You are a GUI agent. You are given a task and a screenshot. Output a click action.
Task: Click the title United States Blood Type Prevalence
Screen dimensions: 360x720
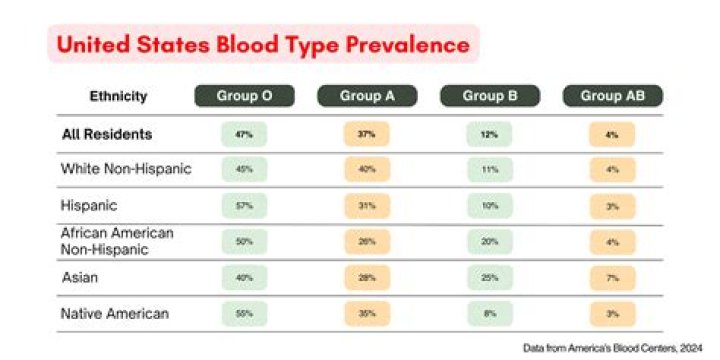pyautogui.click(x=262, y=45)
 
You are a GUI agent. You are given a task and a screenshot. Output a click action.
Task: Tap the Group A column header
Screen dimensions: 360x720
pyautogui.click(x=367, y=96)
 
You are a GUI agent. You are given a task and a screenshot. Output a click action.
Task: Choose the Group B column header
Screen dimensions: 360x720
pyautogui.click(x=490, y=96)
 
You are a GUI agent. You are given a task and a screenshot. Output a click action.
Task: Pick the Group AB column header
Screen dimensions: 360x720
pyautogui.click(x=613, y=96)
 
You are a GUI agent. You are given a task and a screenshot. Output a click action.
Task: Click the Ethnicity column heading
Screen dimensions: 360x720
pyautogui.click(x=118, y=97)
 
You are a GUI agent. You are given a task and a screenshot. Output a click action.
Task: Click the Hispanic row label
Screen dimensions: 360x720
pyautogui.click(x=90, y=205)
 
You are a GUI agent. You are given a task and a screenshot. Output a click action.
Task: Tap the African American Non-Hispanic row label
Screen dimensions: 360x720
pyautogui.click(x=118, y=241)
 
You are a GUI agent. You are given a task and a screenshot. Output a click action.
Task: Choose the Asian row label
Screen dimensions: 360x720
pyautogui.click(x=80, y=277)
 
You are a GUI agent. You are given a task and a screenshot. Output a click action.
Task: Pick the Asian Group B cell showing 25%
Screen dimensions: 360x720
pyautogui.click(x=490, y=277)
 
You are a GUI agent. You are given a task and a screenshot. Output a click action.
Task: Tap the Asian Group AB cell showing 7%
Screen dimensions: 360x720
pyautogui.click(x=613, y=277)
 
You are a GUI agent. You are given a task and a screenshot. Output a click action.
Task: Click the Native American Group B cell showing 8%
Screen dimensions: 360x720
pyautogui.click(x=490, y=313)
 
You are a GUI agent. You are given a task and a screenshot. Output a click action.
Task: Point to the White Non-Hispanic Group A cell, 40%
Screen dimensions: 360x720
pyautogui.click(x=367, y=169)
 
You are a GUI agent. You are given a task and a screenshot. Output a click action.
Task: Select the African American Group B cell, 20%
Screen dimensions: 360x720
pyautogui.click(x=490, y=241)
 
